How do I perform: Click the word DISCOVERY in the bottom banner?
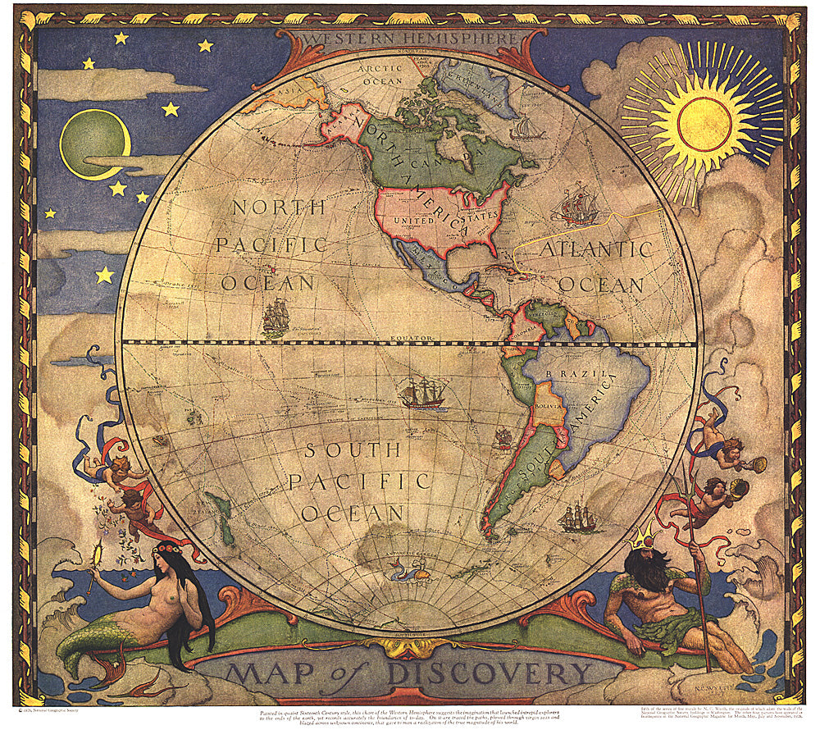489,673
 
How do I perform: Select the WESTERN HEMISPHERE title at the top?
410,39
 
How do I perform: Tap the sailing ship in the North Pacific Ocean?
276,317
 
